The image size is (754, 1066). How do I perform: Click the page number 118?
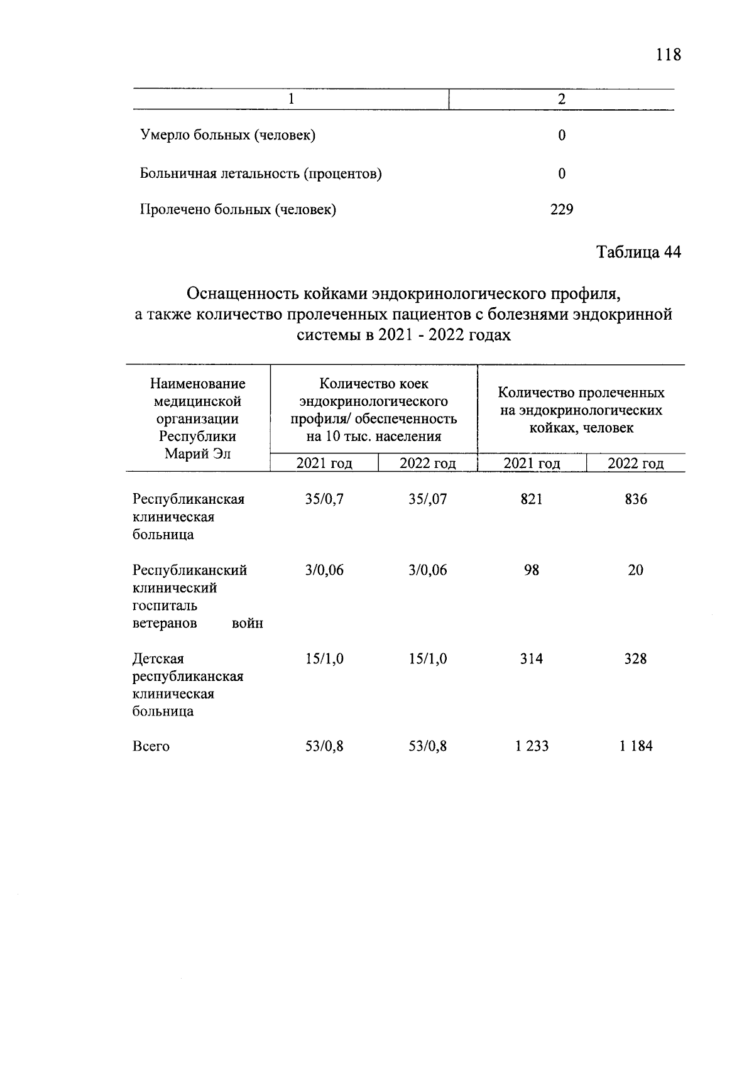point(667,55)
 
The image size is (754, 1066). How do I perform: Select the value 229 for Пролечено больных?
point(561,210)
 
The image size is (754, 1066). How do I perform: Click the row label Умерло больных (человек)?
point(227,135)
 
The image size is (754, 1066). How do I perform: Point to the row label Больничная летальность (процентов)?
point(260,173)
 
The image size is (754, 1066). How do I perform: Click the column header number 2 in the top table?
point(561,99)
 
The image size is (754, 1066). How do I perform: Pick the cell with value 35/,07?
point(427,499)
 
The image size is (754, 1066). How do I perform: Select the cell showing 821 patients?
point(531,499)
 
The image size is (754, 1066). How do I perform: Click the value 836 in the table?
point(635,499)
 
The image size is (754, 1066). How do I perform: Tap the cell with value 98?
point(531,570)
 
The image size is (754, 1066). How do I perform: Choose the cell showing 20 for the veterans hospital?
point(635,570)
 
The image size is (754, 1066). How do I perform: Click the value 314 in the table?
point(531,659)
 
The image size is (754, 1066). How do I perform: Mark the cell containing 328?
point(635,659)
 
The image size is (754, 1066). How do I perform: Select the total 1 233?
point(531,746)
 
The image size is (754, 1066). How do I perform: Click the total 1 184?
point(635,746)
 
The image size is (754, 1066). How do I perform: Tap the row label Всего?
point(151,747)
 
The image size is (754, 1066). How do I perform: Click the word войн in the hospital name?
point(247,624)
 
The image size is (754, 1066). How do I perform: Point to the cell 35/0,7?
point(324,499)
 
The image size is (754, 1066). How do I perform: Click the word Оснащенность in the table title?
point(243,293)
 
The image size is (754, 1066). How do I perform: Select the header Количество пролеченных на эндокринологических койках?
point(581,410)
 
